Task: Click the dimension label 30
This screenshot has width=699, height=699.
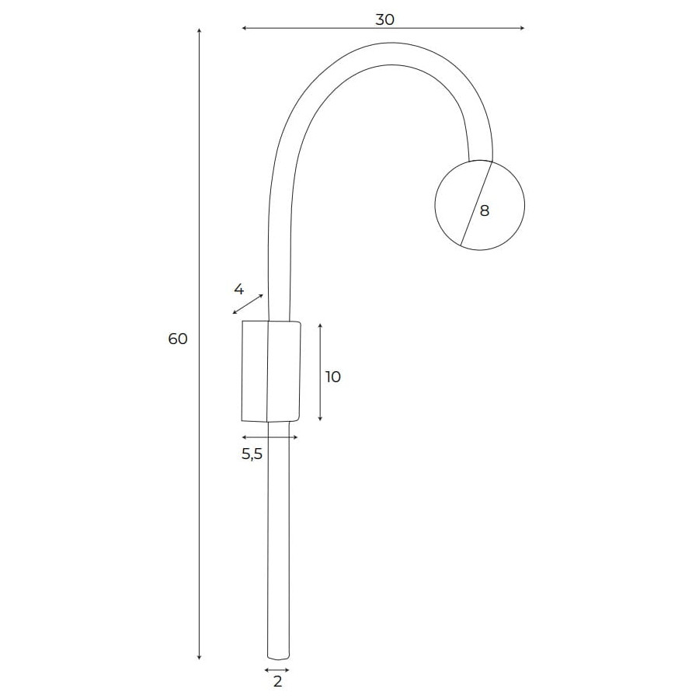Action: [384, 19]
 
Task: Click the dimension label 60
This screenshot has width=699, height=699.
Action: [177, 339]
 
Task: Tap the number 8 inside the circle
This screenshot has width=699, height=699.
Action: [484, 210]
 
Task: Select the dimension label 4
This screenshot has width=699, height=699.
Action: [238, 290]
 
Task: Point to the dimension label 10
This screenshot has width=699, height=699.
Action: [332, 377]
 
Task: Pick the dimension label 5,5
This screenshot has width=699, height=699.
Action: [252, 454]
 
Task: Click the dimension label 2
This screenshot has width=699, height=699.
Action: [277, 682]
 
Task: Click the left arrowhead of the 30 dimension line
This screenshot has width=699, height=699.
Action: [244, 28]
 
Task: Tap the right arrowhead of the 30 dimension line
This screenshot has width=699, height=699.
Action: [522, 28]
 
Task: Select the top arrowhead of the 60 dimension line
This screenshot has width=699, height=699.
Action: [200, 31]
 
